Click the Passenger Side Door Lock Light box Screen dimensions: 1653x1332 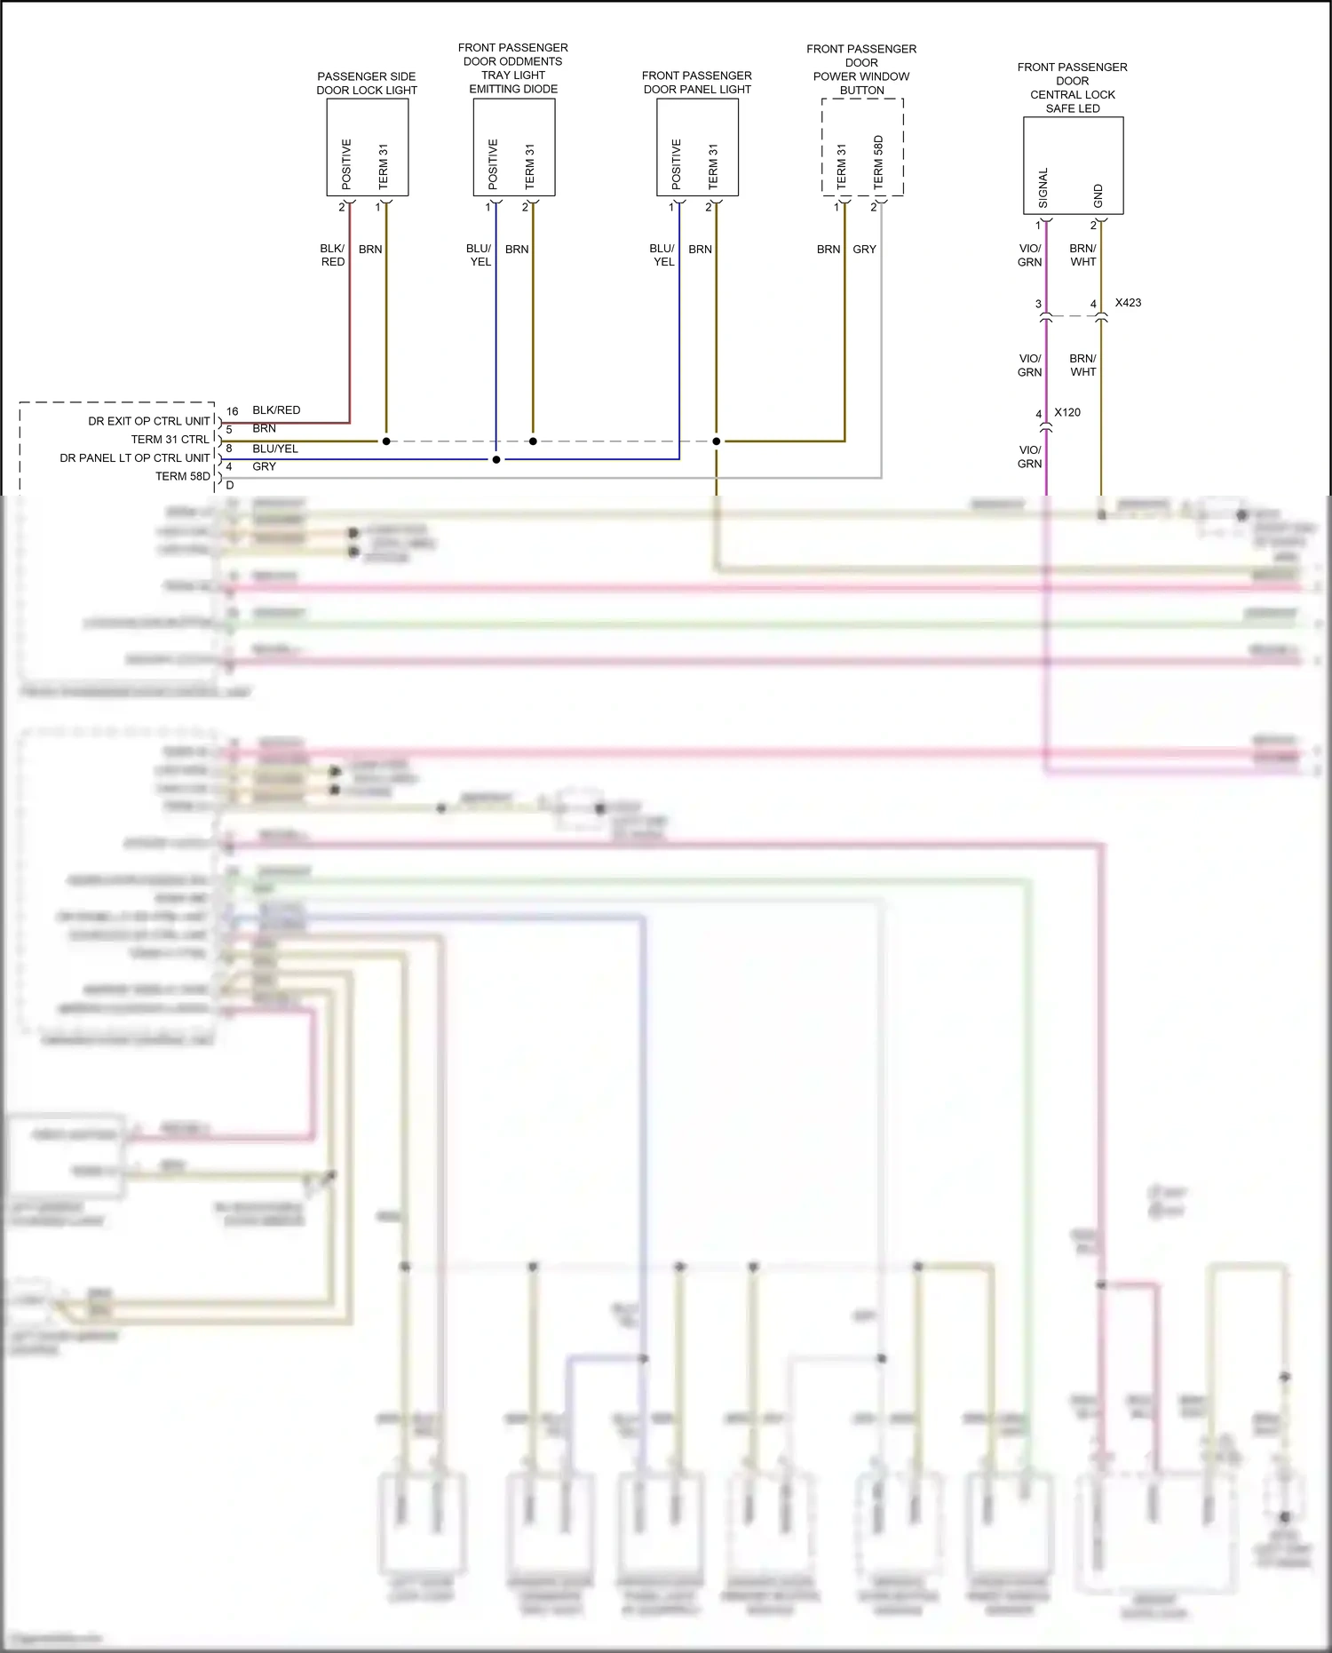click(367, 147)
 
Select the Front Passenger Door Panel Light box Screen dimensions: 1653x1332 click(697, 147)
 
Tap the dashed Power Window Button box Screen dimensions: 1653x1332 click(861, 147)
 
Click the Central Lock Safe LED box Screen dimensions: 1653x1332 click(1073, 165)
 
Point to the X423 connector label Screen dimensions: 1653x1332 click(1128, 303)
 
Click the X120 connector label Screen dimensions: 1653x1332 click(1067, 412)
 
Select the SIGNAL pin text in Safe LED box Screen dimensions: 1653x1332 click(1043, 188)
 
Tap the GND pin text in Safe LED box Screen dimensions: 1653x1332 click(1098, 196)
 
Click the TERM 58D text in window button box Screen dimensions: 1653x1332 click(878, 162)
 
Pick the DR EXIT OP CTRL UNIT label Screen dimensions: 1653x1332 click(149, 421)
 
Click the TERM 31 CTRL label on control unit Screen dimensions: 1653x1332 click(170, 440)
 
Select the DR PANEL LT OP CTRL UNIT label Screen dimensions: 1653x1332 click(135, 458)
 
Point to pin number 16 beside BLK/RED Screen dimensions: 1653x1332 click(232, 411)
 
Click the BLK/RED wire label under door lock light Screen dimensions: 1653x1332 click(332, 255)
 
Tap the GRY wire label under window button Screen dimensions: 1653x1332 click(864, 250)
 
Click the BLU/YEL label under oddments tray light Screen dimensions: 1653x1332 click(479, 255)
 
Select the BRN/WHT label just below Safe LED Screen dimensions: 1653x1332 click(1082, 255)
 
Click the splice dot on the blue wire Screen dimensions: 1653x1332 click(496, 459)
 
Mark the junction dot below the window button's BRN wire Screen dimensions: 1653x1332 click(716, 441)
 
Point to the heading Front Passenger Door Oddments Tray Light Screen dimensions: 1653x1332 click(512, 68)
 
